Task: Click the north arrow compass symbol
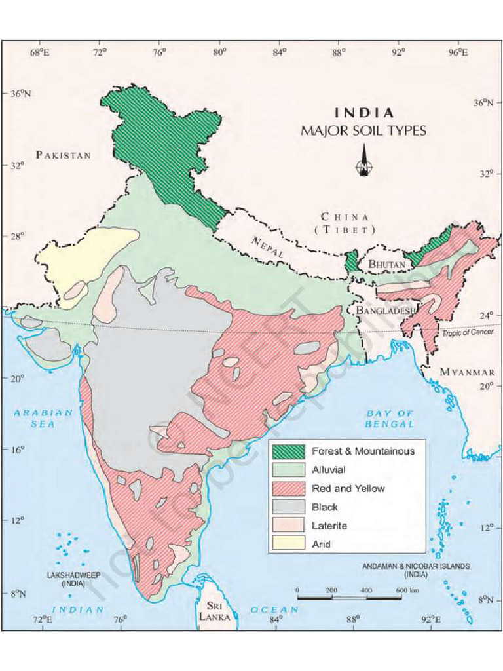coord(363,164)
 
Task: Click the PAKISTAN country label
coord(64,155)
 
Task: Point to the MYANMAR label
coord(467,372)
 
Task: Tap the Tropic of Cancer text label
coord(467,334)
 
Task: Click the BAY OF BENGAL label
coord(390,418)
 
